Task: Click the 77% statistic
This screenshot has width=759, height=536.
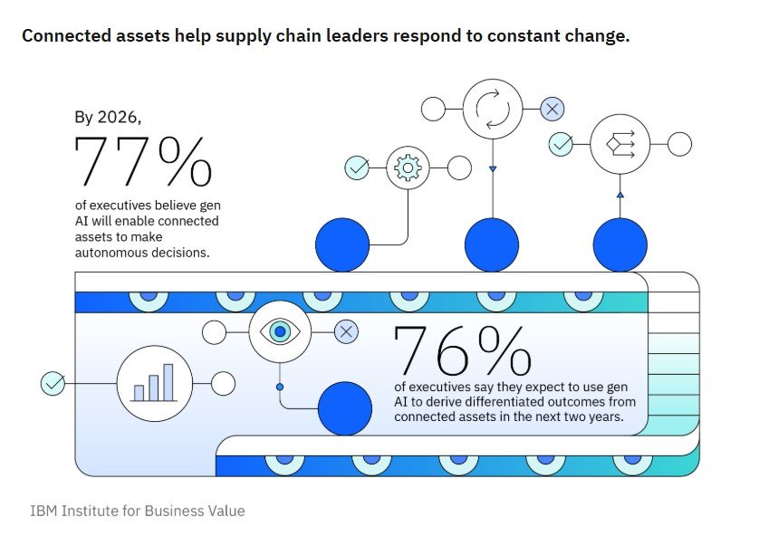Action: tap(143, 162)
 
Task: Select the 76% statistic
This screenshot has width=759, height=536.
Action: tap(463, 349)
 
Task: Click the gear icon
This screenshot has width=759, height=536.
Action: tap(408, 167)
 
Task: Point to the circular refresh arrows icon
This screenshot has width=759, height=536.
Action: tap(493, 110)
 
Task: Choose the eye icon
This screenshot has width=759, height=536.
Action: tap(280, 332)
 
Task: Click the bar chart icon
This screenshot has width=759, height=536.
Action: tap(153, 383)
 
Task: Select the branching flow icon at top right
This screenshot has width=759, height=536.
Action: tap(620, 144)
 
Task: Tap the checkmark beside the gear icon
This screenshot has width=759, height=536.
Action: tap(357, 167)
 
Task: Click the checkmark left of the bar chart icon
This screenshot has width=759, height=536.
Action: tap(53, 383)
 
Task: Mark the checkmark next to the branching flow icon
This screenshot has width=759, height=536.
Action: tap(562, 144)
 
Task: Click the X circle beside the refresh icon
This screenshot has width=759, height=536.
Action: tap(552, 110)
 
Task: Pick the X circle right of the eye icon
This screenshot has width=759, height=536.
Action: tap(346, 332)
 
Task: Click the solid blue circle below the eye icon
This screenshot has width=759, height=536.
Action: tap(345, 408)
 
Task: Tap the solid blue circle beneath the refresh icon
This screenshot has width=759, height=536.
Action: tap(492, 245)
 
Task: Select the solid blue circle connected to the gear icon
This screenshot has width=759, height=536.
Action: tap(342, 245)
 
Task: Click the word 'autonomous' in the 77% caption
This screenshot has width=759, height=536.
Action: tap(112, 253)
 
